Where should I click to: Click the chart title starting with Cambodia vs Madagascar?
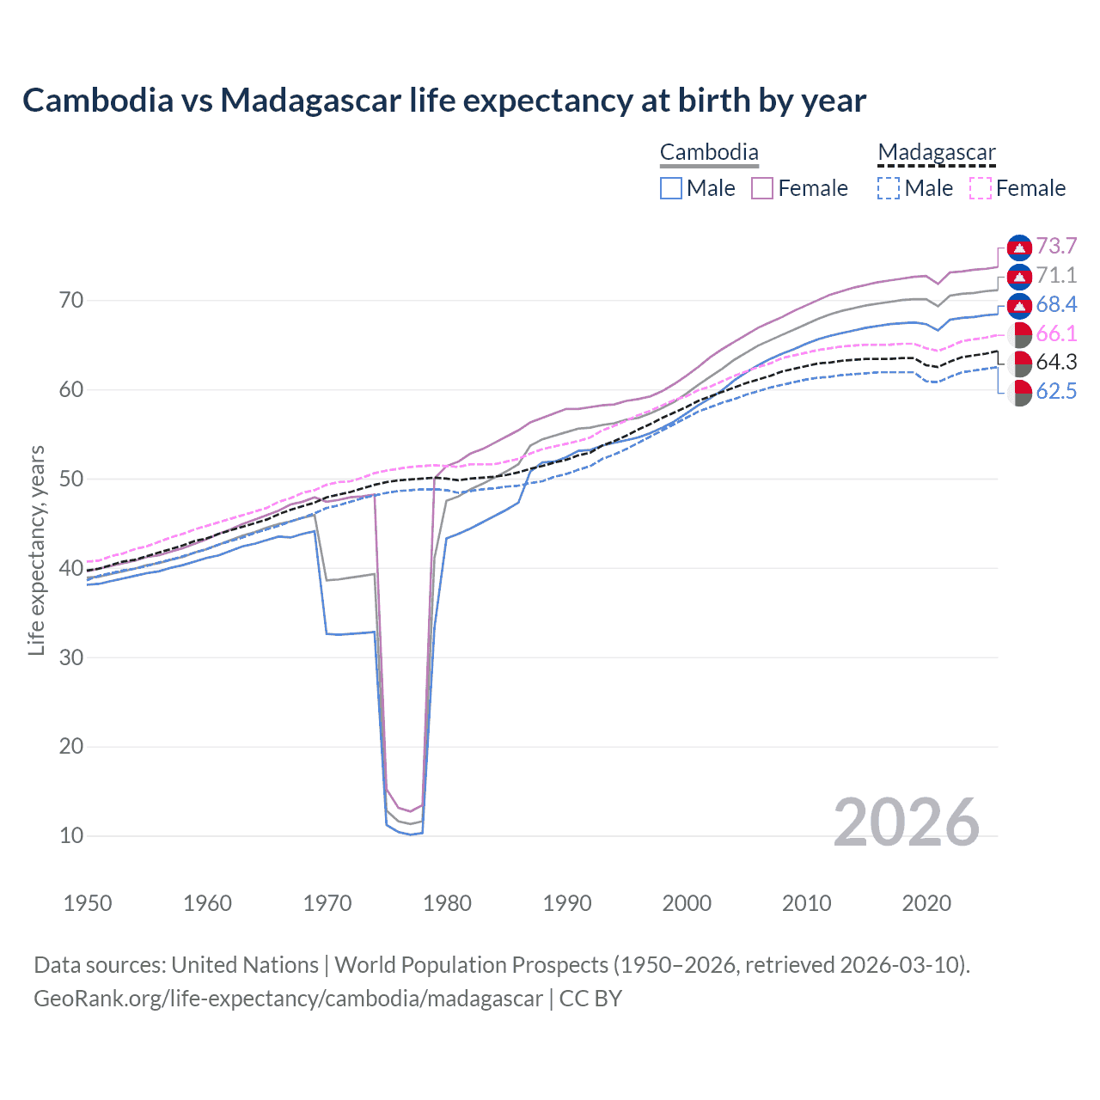click(443, 101)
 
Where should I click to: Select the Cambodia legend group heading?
click(709, 153)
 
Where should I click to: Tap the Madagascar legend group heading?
click(936, 153)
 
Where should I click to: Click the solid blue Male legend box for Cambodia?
click(671, 188)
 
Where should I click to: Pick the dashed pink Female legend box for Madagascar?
click(981, 188)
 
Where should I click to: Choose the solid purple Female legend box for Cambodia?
click(762, 188)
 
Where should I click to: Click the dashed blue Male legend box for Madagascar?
click(889, 188)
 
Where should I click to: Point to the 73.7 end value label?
click(1056, 247)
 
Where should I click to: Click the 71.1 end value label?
click(1056, 276)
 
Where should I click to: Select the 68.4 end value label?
click(1056, 305)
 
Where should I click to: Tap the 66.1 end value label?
click(1056, 334)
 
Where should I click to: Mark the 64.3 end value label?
click(1056, 363)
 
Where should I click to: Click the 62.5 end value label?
click(1056, 392)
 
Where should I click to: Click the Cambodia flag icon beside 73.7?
click(1019, 247)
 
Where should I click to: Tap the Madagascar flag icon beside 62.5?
click(1019, 393)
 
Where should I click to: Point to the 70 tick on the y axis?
click(71, 301)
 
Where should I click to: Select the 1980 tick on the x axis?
click(447, 903)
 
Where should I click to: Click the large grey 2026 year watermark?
click(906, 822)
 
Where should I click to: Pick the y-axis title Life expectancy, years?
click(36, 550)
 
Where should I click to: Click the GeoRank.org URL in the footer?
click(288, 999)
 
